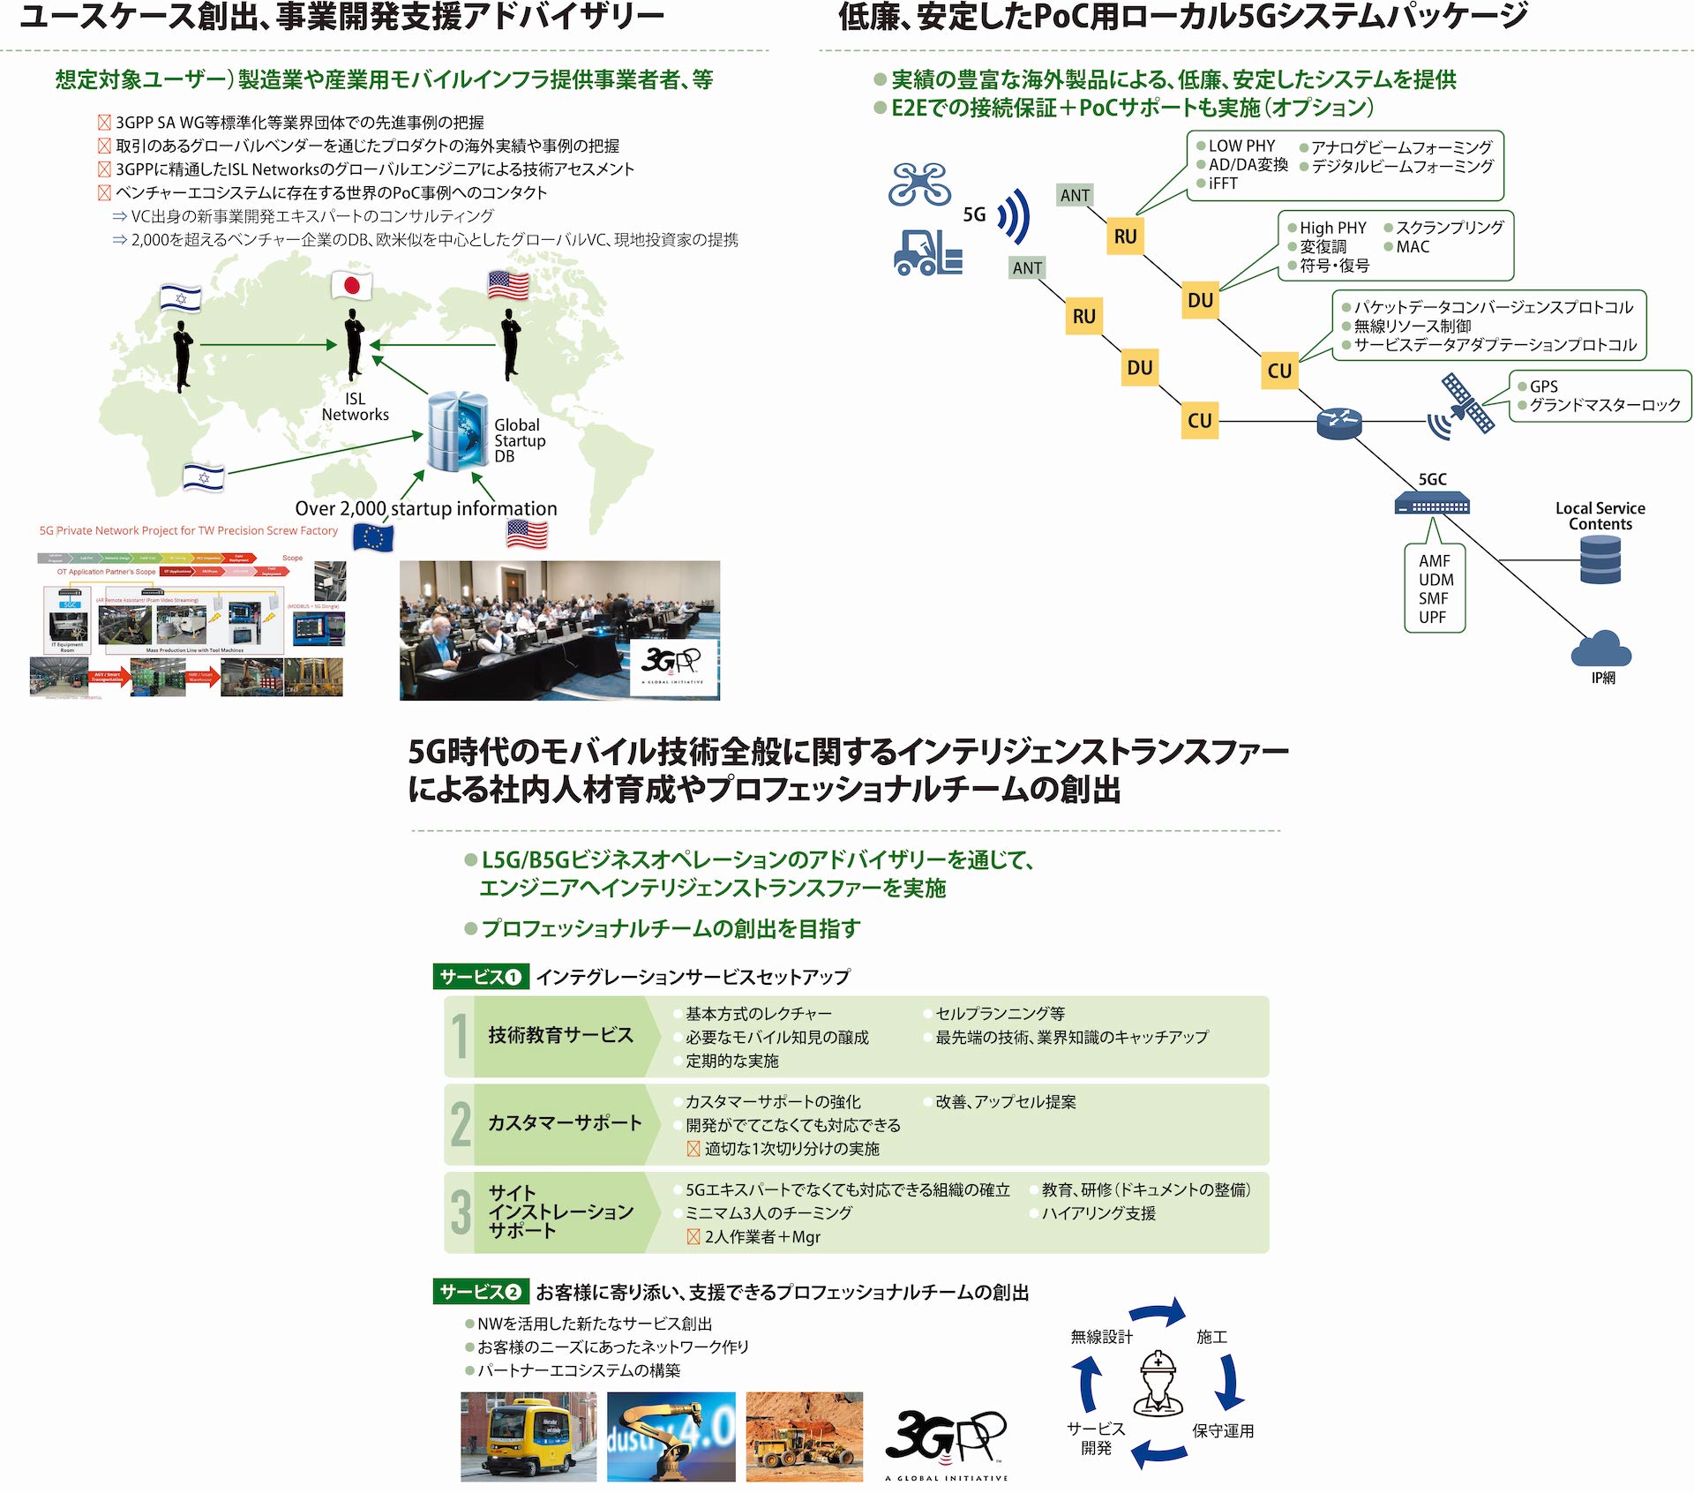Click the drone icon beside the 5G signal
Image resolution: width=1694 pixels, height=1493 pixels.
point(919,184)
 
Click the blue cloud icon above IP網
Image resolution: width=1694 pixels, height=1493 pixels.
point(1600,650)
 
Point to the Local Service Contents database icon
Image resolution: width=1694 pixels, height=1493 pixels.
point(1600,559)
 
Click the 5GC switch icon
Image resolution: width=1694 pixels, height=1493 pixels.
point(1432,504)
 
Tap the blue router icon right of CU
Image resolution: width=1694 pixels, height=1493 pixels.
point(1338,423)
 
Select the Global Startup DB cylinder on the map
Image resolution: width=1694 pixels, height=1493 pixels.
point(457,431)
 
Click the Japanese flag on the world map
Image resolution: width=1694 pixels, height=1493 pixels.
point(351,285)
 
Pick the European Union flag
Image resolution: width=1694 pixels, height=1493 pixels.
point(372,536)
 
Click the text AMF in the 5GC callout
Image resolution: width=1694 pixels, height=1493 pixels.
point(1435,561)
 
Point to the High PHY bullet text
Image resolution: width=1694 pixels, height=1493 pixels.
point(1332,228)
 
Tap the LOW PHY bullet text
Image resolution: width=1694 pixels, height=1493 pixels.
point(1241,146)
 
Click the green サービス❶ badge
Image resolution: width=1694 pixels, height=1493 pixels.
point(481,977)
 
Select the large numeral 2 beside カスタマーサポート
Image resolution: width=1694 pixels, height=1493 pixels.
point(461,1124)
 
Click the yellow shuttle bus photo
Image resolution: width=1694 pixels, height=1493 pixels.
point(528,1437)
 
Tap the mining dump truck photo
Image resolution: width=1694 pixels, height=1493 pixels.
point(804,1437)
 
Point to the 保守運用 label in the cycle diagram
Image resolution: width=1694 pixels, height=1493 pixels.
point(1223,1430)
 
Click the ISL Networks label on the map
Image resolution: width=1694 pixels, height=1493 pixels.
point(355,407)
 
